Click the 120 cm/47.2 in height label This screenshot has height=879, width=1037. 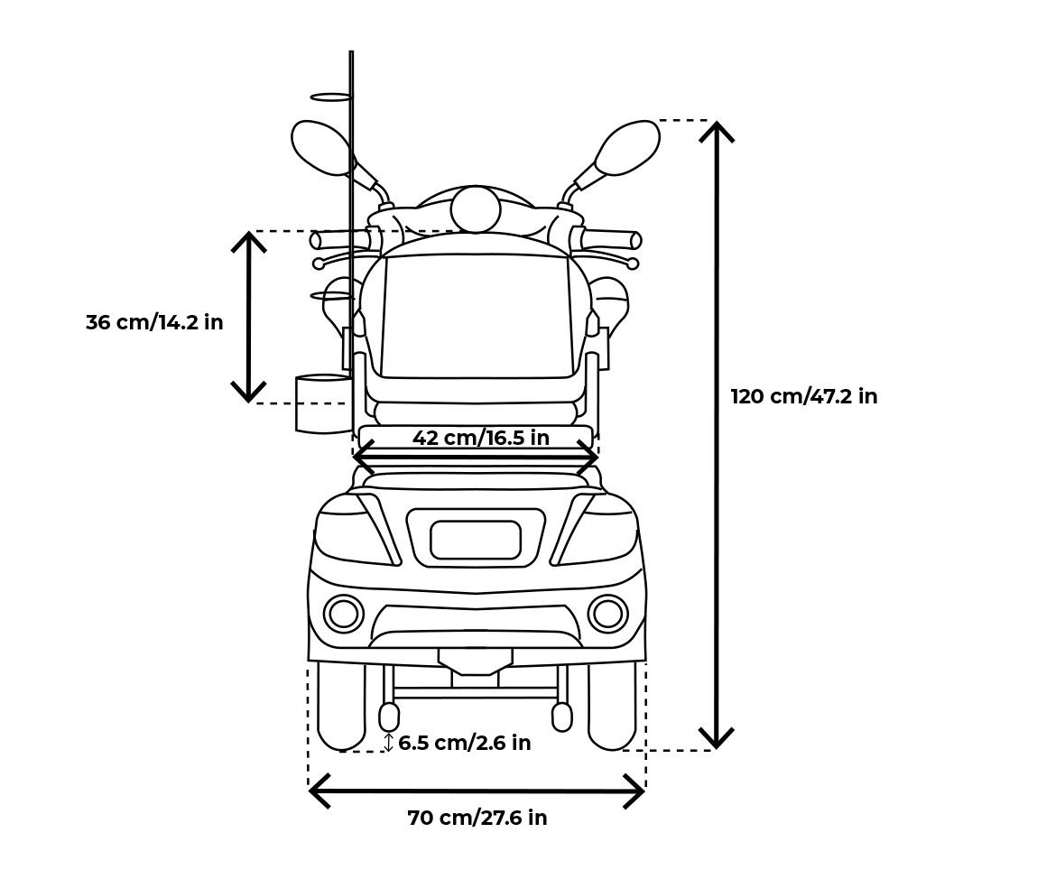(x=803, y=397)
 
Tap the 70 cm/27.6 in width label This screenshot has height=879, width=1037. (x=477, y=819)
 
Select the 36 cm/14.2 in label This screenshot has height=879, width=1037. (x=154, y=322)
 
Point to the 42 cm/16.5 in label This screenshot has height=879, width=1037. (x=480, y=439)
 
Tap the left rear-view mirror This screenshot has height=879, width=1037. (x=320, y=147)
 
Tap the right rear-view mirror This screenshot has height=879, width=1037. (x=628, y=147)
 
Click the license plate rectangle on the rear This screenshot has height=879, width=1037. (x=476, y=540)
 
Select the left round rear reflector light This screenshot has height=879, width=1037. (x=343, y=614)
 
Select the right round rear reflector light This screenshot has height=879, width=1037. (x=607, y=614)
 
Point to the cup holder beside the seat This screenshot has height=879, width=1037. (x=323, y=403)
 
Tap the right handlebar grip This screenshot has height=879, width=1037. (x=610, y=240)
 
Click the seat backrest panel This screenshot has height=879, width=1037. (x=476, y=316)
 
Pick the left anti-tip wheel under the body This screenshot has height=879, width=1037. (x=389, y=717)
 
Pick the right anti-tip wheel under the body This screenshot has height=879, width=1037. (x=561, y=717)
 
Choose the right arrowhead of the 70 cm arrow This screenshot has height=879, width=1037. (x=638, y=791)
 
